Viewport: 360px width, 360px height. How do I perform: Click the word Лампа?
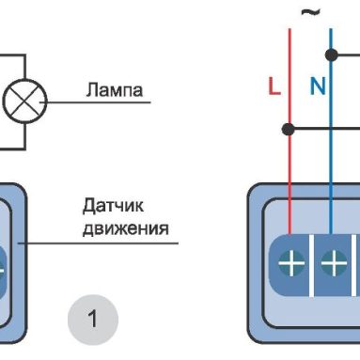113,91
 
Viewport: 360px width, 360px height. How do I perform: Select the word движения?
124,227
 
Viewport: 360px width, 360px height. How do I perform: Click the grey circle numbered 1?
92,318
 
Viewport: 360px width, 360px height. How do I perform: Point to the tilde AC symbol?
308,12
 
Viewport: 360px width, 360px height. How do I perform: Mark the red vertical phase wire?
290,169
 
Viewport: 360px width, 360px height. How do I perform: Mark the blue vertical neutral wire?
331,169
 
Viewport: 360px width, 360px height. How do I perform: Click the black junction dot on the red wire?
290,127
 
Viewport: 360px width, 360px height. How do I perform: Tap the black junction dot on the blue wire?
331,55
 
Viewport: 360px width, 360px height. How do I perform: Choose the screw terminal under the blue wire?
332,264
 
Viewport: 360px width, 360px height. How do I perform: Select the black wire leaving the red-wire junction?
324,127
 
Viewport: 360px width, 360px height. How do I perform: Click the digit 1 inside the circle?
92,318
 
